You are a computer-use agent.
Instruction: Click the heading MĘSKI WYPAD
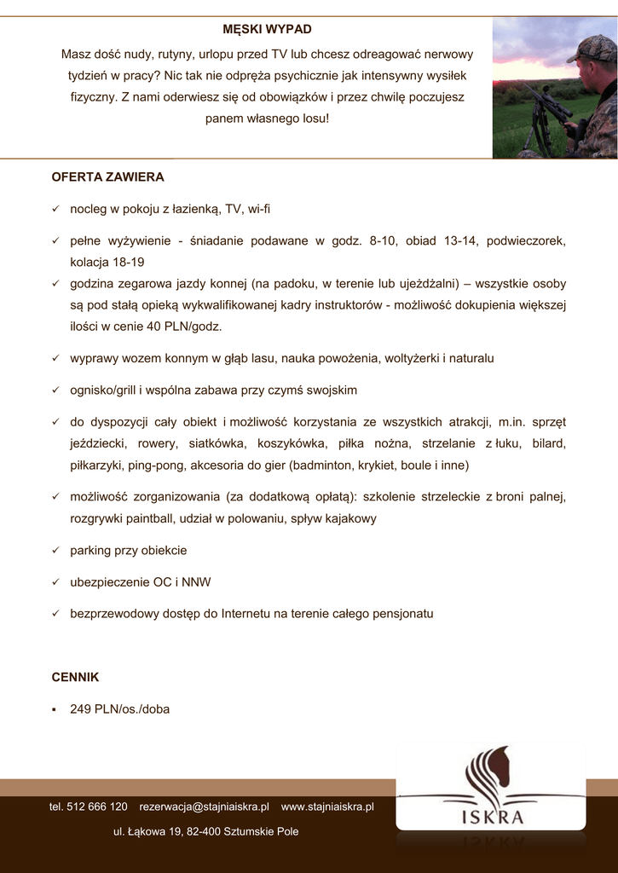(x=267, y=30)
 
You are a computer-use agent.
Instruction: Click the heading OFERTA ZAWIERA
(x=107, y=177)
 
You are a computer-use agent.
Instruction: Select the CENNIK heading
(x=76, y=677)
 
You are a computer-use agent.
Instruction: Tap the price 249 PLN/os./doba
(x=119, y=708)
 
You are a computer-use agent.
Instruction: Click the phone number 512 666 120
(x=97, y=807)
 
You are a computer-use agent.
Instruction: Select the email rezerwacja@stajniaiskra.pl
(x=204, y=807)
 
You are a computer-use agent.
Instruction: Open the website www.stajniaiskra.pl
(x=327, y=807)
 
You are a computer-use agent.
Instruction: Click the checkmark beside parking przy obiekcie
(x=55, y=551)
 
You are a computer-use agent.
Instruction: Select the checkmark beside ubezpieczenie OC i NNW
(x=55, y=582)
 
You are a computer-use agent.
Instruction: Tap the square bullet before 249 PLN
(x=55, y=709)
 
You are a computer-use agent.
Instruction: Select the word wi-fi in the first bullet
(x=259, y=209)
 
